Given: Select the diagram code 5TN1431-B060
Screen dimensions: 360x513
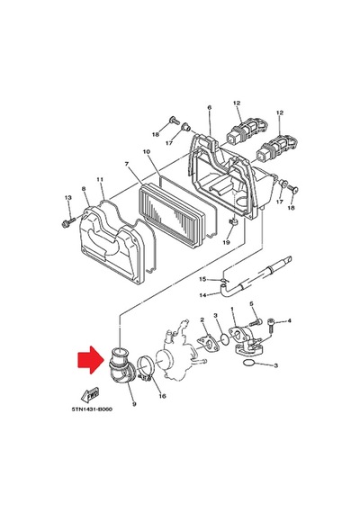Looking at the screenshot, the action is tap(92, 409).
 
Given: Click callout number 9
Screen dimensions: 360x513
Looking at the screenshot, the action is tap(134, 404).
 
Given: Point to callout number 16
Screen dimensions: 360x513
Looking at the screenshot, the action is tap(162, 396).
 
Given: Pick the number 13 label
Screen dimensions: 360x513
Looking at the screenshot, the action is tap(68, 198).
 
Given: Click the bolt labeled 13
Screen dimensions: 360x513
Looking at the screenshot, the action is tap(67, 222).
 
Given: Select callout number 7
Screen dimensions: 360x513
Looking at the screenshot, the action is tap(127, 164).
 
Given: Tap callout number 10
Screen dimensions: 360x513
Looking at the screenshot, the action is tap(147, 152).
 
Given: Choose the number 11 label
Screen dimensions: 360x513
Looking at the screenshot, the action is tap(100, 180).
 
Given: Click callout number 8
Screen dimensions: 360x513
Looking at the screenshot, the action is tap(84, 189).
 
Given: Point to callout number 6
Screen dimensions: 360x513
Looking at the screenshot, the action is tap(210, 107).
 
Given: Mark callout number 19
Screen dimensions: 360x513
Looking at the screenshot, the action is tap(226, 242).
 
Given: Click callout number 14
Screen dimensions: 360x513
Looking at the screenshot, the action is tap(202, 295).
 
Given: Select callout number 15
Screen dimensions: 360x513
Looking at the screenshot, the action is tap(202, 279).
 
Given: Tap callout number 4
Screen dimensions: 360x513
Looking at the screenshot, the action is tap(289, 321).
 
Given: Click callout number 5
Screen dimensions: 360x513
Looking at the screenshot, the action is tap(251, 304).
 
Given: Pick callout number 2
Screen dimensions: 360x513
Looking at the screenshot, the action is tap(202, 319).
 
